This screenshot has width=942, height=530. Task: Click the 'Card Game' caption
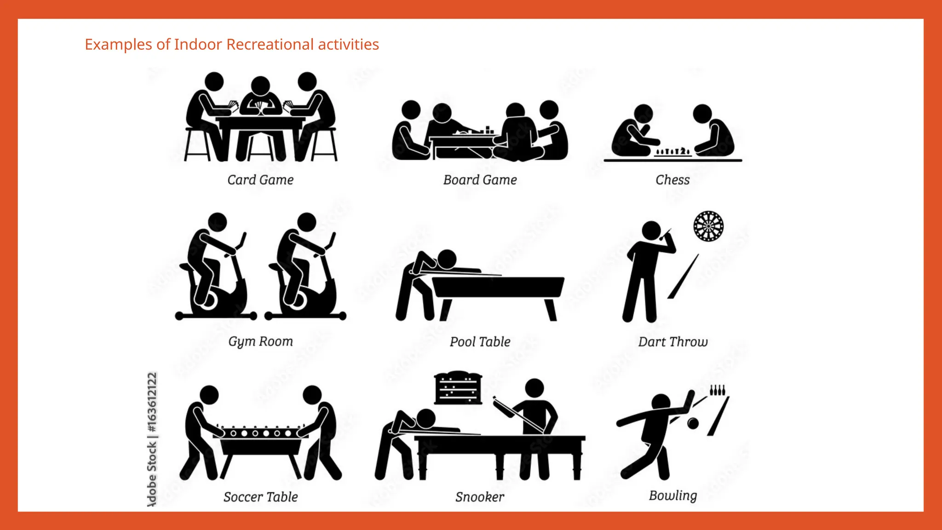click(x=260, y=180)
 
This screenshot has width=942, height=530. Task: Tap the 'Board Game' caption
click(x=480, y=180)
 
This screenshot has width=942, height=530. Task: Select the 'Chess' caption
click(x=672, y=180)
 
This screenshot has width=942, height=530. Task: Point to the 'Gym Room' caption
click(x=260, y=342)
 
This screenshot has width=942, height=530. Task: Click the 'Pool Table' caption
click(x=480, y=342)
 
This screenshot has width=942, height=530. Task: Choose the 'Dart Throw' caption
click(x=672, y=342)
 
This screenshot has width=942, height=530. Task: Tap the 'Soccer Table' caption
click(x=260, y=497)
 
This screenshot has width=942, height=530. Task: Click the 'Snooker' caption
click(x=480, y=497)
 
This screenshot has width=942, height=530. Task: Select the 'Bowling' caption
click(x=672, y=495)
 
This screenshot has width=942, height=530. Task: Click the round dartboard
click(x=708, y=226)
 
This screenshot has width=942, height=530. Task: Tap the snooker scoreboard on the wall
click(x=458, y=388)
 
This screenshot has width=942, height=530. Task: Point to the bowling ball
click(x=693, y=423)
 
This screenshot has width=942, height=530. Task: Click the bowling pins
click(x=718, y=390)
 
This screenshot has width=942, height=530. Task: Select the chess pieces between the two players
click(x=672, y=151)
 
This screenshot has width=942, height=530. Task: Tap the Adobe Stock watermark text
click(x=152, y=439)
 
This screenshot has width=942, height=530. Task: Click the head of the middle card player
click(x=260, y=86)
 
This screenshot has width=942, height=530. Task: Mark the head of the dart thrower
click(x=651, y=230)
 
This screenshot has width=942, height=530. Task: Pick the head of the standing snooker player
click(x=534, y=388)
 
